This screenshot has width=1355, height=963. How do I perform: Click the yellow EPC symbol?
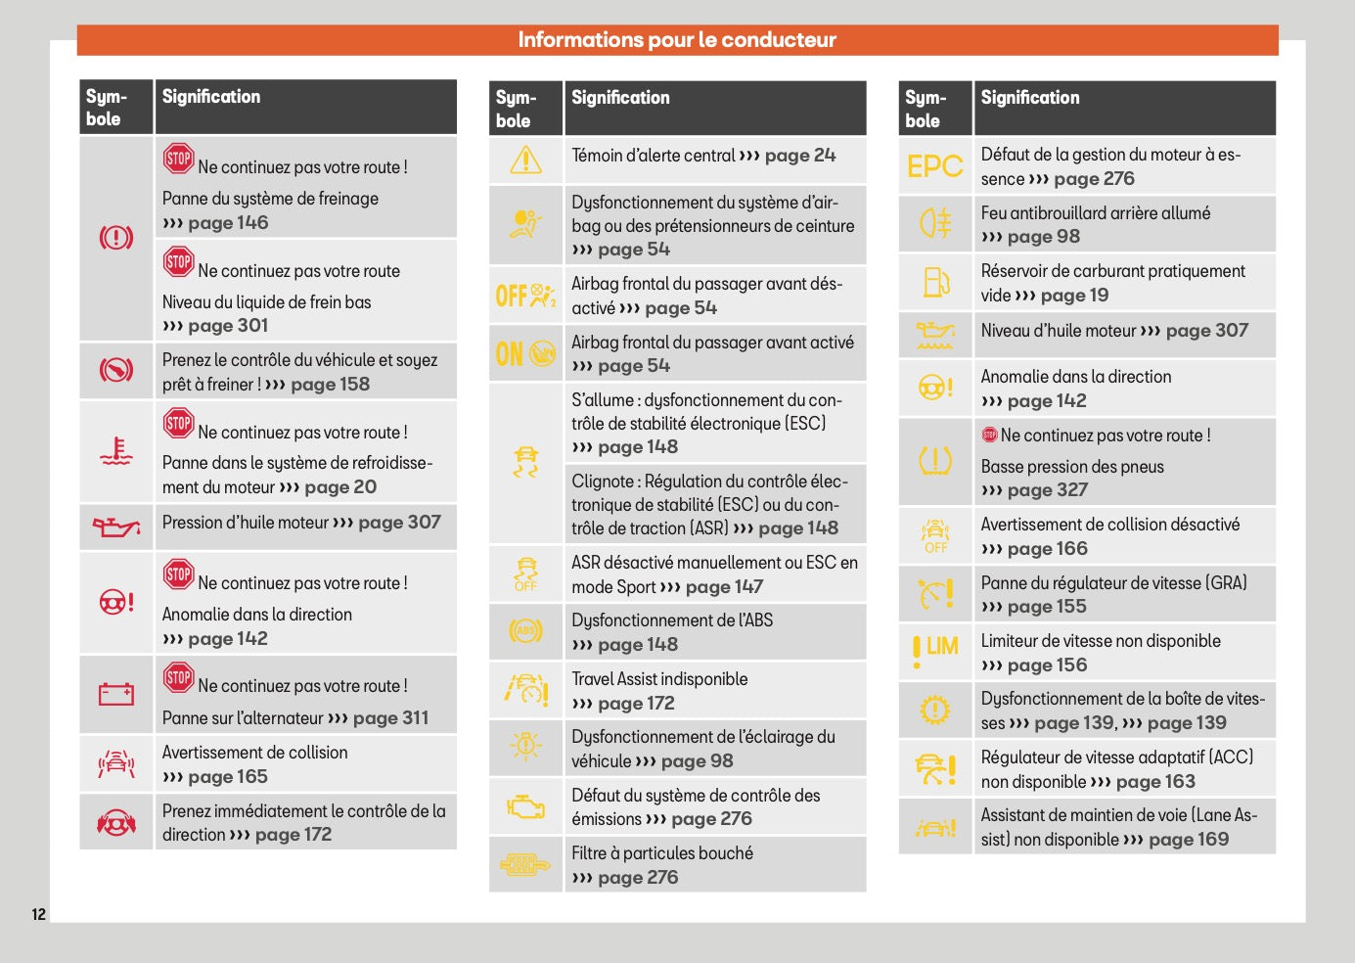934,166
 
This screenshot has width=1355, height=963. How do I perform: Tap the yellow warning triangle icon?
525,160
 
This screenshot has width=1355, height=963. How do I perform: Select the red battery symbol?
115,695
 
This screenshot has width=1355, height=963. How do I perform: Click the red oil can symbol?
115,527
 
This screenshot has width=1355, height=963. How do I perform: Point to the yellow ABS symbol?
525,631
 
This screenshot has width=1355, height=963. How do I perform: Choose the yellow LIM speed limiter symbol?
934,650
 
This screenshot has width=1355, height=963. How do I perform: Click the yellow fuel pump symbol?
935,283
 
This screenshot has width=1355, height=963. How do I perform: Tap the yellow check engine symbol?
525,807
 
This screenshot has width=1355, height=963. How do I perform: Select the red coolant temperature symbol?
115,451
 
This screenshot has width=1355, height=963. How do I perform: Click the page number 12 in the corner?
39,914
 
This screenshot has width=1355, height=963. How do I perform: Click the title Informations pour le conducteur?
677,40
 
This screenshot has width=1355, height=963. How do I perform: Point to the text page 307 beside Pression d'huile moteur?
399,523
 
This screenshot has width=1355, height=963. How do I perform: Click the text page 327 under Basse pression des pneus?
1047,490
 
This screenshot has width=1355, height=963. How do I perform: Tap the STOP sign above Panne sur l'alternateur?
178,676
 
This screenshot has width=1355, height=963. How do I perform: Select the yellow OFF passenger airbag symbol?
525,295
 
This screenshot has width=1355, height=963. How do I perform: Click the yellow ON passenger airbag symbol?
525,353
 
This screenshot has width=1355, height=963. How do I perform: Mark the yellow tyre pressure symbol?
934,461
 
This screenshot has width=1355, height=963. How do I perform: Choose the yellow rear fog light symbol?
934,224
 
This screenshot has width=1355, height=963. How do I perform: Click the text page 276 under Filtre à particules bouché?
637,878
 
